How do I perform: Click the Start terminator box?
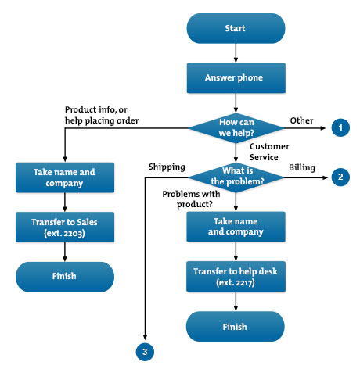[x=236, y=28]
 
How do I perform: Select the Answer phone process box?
[x=236, y=77]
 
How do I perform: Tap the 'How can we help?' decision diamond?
[x=236, y=126]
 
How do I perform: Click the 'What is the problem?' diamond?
[x=236, y=177]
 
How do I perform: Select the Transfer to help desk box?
[x=236, y=275]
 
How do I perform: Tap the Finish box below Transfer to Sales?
[x=64, y=276]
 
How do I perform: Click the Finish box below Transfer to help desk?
[x=236, y=326]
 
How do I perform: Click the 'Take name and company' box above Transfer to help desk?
[x=236, y=226]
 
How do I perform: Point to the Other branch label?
[x=301, y=120]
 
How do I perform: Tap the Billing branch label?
[x=301, y=167]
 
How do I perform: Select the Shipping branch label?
[x=166, y=167]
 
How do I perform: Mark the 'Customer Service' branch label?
[x=270, y=150]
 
